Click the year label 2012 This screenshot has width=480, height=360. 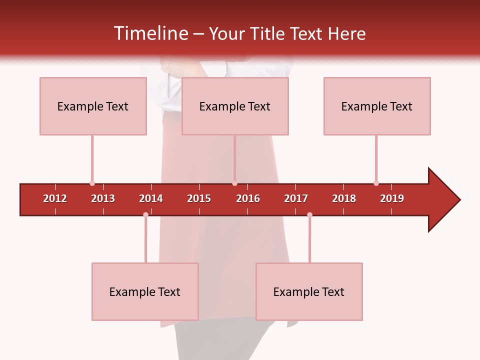(55, 198)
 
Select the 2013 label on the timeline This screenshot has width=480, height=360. (103, 198)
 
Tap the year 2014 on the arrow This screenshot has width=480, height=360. (151, 198)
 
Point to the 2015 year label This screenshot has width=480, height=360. (199, 198)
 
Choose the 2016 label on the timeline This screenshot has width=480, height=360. (248, 198)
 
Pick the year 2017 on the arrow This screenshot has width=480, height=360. (296, 198)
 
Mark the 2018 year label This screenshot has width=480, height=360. (344, 198)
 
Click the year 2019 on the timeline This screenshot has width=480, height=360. (392, 198)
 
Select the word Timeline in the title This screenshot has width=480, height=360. (150, 33)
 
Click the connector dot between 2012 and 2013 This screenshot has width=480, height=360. (92, 183)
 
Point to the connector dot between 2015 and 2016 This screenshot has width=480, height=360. (234, 183)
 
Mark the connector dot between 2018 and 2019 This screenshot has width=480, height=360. (376, 183)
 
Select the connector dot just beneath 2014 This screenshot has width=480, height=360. (145, 215)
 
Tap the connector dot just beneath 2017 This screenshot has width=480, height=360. (309, 215)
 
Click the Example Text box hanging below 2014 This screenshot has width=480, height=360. (145, 291)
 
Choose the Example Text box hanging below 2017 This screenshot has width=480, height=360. (309, 291)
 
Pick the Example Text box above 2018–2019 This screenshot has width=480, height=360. (377, 106)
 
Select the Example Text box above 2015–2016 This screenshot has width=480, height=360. (235, 106)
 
